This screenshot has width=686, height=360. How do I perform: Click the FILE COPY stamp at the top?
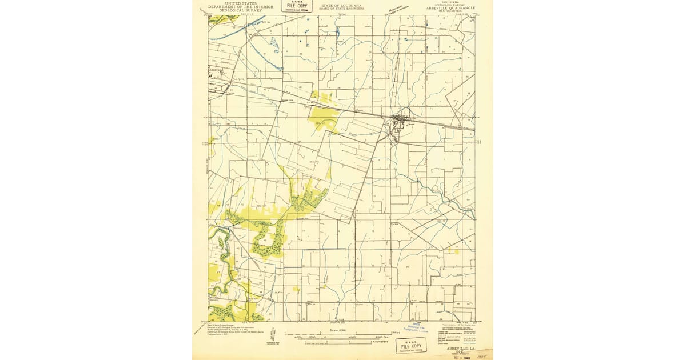297,7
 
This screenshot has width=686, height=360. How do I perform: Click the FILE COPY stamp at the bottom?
411,346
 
